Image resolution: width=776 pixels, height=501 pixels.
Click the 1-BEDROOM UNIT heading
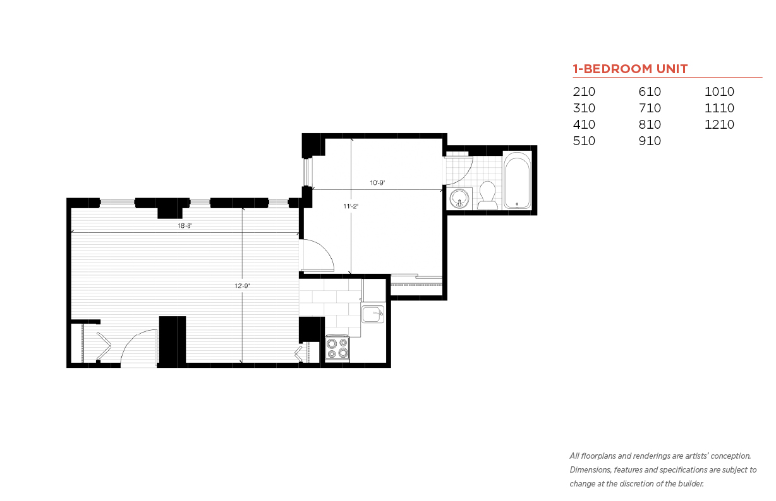click(x=630, y=69)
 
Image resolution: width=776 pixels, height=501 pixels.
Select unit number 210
click(x=584, y=91)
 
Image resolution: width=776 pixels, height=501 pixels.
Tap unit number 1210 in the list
click(x=719, y=124)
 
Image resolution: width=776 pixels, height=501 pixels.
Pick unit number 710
click(x=650, y=108)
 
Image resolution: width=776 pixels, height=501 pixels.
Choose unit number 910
click(x=650, y=141)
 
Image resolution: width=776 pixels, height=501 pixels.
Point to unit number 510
click(x=584, y=141)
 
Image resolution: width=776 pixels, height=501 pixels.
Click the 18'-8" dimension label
click(x=185, y=226)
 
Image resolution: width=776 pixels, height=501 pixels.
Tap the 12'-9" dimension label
click(x=242, y=286)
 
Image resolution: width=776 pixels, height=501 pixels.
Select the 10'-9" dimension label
click(x=377, y=183)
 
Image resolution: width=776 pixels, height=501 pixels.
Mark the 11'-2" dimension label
click(x=351, y=206)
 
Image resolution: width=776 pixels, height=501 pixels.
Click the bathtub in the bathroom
click(x=517, y=180)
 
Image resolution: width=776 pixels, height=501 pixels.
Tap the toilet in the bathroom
click(x=488, y=196)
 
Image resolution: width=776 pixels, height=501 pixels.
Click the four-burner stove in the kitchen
click(x=337, y=348)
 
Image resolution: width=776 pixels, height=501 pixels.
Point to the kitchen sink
click(x=373, y=314)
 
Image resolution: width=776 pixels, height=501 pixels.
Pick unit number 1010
click(x=719, y=91)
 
